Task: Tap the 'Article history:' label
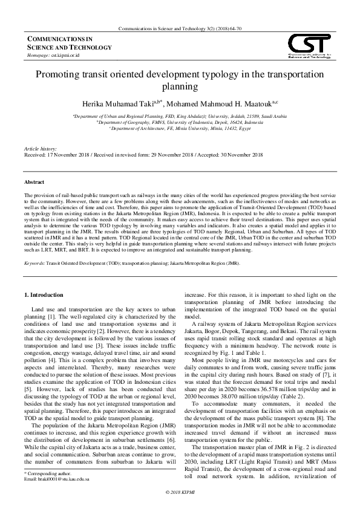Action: pos(39,148)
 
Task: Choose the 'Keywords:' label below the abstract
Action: pos(34,264)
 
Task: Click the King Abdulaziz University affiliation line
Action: pos(180,115)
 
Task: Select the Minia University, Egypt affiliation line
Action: pos(180,128)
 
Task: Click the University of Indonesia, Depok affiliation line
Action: pos(180,122)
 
